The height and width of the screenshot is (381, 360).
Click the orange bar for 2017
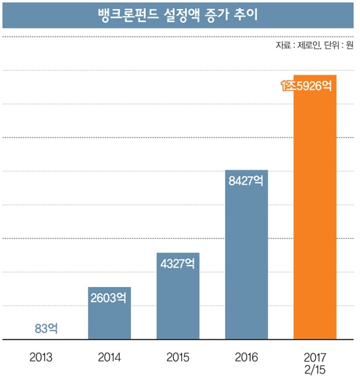(315, 207)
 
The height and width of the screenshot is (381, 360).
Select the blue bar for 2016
(246, 254)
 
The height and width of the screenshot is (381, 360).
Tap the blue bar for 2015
(178, 296)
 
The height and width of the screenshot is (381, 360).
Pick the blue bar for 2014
(109, 313)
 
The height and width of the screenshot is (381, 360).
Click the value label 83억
(46, 328)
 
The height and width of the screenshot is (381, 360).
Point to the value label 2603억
(109, 297)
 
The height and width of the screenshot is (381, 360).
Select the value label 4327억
(177, 263)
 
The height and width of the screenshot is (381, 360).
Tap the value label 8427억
(246, 180)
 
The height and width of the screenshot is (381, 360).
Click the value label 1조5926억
(307, 86)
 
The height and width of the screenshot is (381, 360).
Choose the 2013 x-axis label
(41, 357)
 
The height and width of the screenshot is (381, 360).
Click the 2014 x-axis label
(109, 357)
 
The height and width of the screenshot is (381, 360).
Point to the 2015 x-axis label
(178, 357)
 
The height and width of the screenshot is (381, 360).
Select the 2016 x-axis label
(246, 357)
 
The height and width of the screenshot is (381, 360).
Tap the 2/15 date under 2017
(315, 370)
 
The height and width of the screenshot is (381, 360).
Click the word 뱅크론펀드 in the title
(129, 15)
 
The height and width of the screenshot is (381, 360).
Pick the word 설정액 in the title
(182, 15)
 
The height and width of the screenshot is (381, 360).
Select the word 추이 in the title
(246, 15)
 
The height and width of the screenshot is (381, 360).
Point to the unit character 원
(350, 45)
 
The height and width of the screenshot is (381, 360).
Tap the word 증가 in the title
(217, 15)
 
